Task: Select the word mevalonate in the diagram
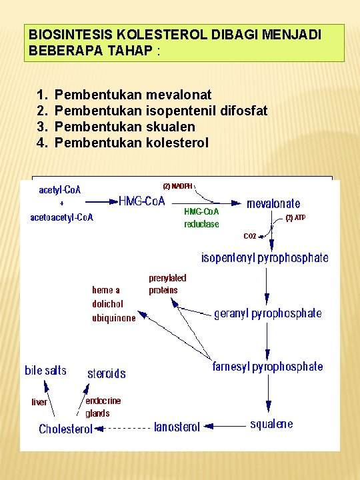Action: (273, 203)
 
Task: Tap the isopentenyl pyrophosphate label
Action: (265, 257)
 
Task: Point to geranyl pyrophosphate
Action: (267, 313)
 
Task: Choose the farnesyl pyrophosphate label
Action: (267, 367)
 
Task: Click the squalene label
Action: (271, 424)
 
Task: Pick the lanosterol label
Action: (177, 427)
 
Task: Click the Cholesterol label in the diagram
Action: (65, 429)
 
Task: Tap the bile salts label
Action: (45, 371)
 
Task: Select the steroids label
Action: (107, 374)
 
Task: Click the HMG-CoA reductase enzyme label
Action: (201, 218)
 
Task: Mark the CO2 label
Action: (249, 236)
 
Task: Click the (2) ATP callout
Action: (295, 217)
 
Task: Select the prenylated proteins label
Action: (167, 284)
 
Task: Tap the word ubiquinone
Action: (113, 318)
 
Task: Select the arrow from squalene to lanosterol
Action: (224, 425)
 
